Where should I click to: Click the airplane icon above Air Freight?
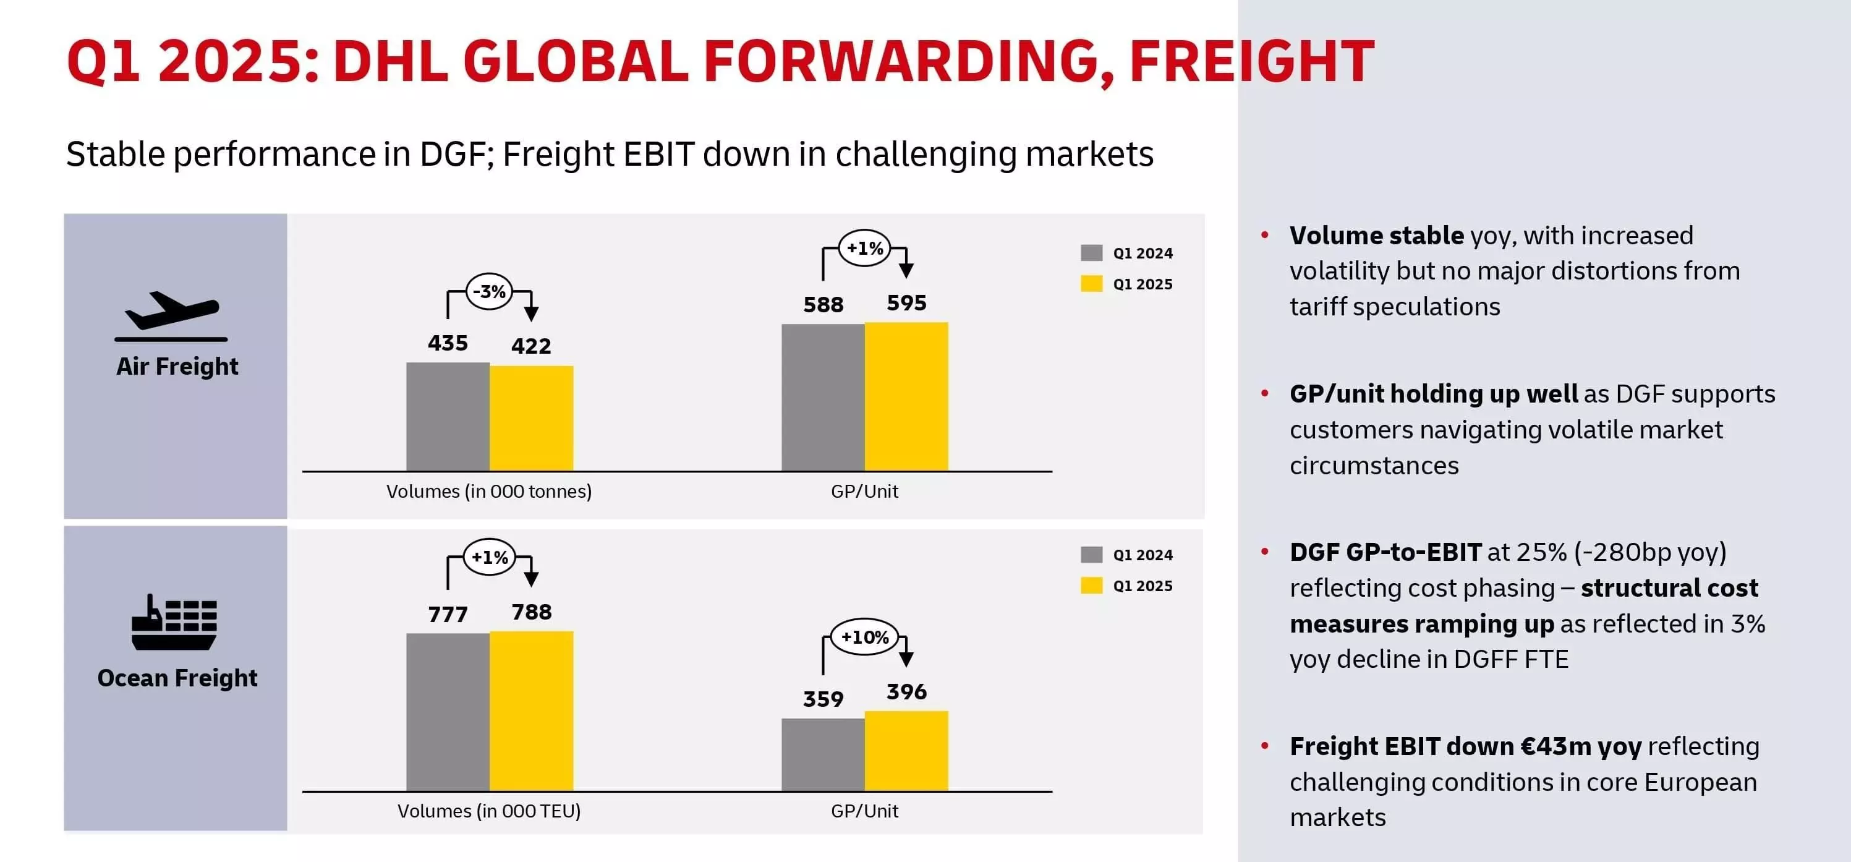coord(171,314)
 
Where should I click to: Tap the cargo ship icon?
coord(174,623)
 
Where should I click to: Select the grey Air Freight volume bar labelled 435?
coord(448,416)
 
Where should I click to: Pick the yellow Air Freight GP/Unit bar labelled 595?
coord(906,396)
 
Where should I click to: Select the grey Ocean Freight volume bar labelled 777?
coord(448,711)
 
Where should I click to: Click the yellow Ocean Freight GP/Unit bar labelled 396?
coord(906,751)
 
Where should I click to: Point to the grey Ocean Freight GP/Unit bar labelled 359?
coord(823,754)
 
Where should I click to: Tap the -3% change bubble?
coord(490,291)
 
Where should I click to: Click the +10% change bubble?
coord(864,637)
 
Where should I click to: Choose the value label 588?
coord(823,305)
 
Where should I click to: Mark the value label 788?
coord(531,612)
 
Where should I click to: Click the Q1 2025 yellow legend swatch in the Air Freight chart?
coord(1091,284)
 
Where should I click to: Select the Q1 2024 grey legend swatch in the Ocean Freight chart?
coord(1091,554)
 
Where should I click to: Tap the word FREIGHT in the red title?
coord(1251,62)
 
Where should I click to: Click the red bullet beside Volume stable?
coord(1265,235)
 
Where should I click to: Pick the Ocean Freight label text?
coord(177,678)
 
